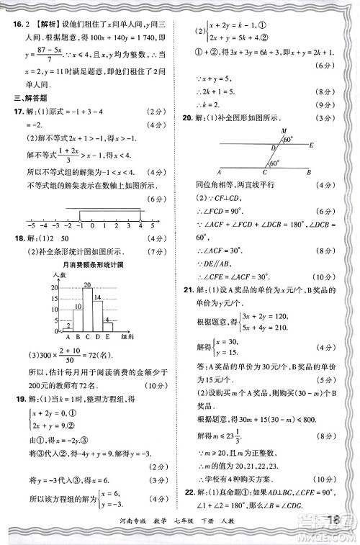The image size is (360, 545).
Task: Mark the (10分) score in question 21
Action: (x=319, y=481)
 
